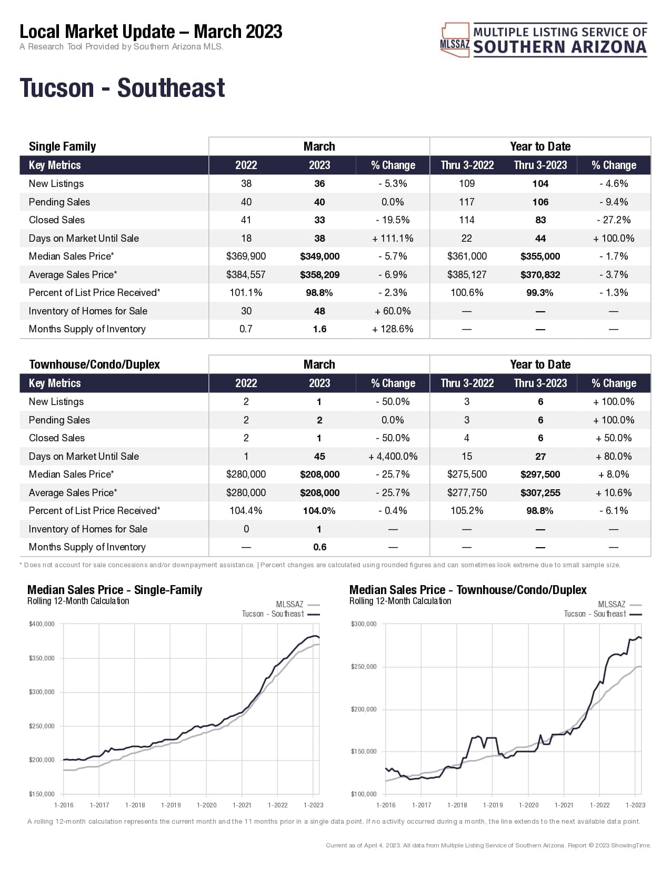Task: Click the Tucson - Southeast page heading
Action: tap(122, 88)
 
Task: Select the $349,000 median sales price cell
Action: tap(319, 256)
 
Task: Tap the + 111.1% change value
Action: tap(393, 239)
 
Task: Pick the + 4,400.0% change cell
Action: tap(393, 457)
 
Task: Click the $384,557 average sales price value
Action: tap(246, 275)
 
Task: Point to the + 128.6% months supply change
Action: tap(393, 329)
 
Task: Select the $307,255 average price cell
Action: tap(540, 493)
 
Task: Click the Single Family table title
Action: tap(62, 146)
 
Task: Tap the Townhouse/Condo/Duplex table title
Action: tap(94, 364)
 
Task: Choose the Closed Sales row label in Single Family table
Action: tap(57, 220)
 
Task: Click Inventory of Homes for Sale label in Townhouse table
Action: tap(88, 529)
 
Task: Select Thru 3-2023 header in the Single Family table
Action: tap(540, 165)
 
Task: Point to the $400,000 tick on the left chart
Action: tap(42, 624)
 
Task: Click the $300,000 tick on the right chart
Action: tap(364, 624)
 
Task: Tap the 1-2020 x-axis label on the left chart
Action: tap(206, 805)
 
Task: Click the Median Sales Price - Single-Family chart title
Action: tap(115, 590)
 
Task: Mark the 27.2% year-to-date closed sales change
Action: tap(614, 220)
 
